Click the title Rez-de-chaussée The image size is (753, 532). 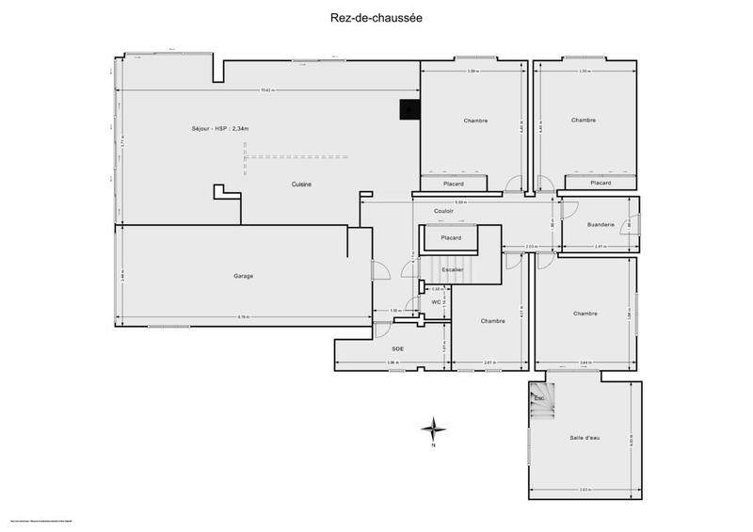pos(376,16)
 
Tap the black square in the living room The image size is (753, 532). pos(409,110)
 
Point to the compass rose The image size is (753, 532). pos(433,429)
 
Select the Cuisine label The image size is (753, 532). pos(301,185)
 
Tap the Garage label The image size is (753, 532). pos(244,276)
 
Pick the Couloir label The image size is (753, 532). pos(444,211)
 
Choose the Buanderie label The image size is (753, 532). pos(601,224)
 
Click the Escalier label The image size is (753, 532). pos(454,269)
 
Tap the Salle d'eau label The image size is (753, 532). pos(587,438)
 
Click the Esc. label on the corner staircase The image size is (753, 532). pos(539,399)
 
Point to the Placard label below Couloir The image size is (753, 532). pos(451,238)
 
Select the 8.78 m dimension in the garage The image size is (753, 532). pos(243,316)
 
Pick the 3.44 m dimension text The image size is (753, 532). pos(585,363)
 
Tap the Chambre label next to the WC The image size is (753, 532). pos(493,321)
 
